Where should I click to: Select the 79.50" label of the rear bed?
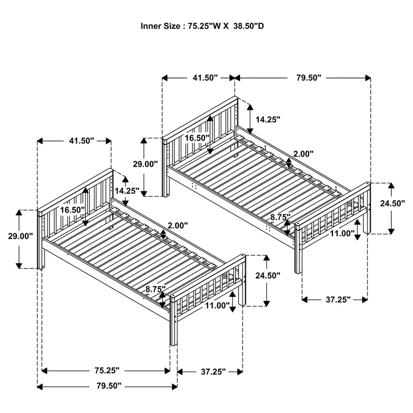305,77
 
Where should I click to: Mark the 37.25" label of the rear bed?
335,299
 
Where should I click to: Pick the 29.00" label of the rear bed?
145,164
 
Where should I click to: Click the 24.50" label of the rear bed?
393,203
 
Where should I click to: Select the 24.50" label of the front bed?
268,276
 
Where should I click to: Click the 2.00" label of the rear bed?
303,154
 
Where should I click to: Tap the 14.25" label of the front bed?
127,191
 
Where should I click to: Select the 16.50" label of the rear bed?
197,138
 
